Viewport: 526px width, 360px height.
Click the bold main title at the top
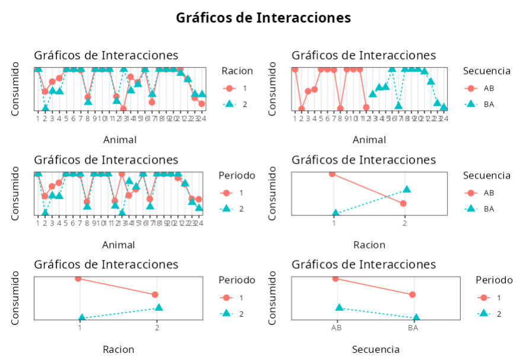[263, 18]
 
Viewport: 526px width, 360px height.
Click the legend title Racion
[237, 71]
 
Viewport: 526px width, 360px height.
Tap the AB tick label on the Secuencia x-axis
[336, 327]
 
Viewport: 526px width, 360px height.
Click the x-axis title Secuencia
[375, 349]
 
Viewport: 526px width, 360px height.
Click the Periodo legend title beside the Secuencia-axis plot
[494, 279]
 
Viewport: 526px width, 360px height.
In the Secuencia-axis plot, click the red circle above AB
[336, 278]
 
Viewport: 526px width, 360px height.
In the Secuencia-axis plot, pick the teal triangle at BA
[416, 318]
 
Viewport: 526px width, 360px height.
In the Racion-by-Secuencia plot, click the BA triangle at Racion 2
[407, 189]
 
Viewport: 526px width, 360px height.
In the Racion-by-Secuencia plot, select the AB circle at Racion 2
[403, 203]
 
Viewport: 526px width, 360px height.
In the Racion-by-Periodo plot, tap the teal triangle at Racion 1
[82, 318]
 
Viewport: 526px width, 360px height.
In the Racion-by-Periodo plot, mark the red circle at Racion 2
[155, 294]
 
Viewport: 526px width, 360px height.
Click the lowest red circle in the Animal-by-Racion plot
[123, 109]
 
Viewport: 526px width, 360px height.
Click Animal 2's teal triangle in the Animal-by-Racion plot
[45, 107]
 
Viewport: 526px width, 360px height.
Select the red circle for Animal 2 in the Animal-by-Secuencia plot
[301, 109]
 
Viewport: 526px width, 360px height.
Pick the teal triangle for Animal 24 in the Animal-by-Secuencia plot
[444, 107]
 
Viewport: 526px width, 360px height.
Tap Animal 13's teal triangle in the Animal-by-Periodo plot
[123, 213]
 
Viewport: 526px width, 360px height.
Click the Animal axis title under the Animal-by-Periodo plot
[119, 245]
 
